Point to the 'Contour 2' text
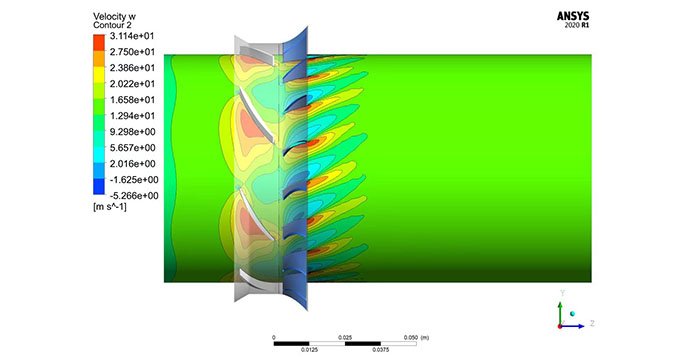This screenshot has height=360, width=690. pyautogui.click(x=113, y=26)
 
